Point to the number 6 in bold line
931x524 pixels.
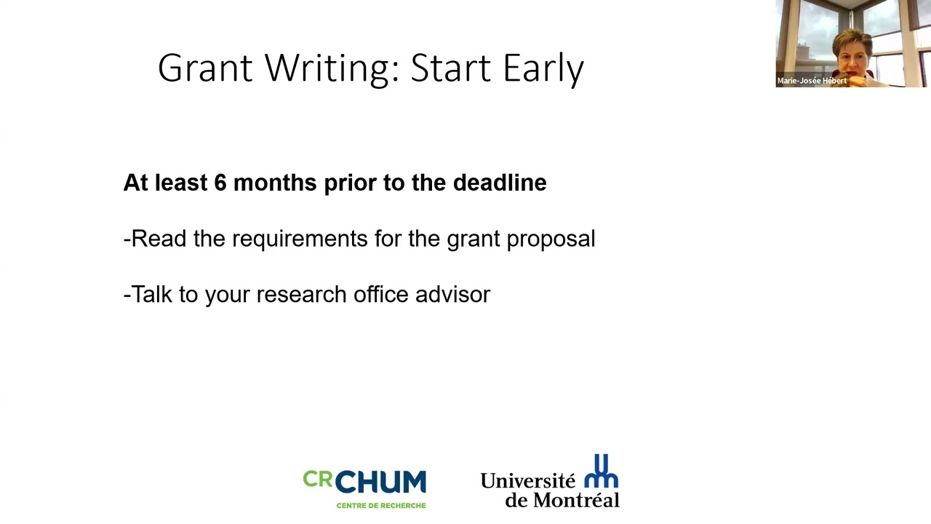coord(220,183)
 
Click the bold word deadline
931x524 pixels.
coord(499,183)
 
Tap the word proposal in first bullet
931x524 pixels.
coord(551,239)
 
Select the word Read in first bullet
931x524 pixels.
coord(159,239)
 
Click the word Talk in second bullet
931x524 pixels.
coord(154,294)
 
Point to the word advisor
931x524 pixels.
coord(452,294)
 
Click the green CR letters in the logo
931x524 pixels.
coord(317,480)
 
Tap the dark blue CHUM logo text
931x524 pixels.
coord(380,483)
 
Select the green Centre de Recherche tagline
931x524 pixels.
coord(380,505)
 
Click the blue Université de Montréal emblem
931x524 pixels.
coord(602,472)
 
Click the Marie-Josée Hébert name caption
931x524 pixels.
coord(811,81)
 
